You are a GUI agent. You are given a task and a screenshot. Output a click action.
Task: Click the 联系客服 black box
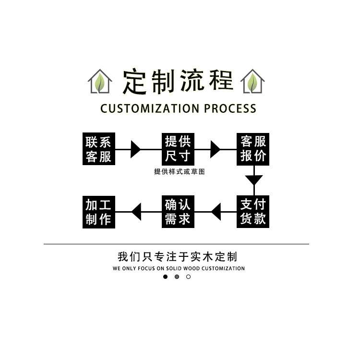click(98, 149)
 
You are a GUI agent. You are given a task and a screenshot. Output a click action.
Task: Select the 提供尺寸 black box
click(178, 149)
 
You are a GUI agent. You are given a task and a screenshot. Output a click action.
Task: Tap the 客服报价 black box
click(253, 149)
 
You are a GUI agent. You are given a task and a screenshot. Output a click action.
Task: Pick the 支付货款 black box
click(253, 211)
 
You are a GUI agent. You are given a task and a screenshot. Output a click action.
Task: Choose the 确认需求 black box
click(178, 211)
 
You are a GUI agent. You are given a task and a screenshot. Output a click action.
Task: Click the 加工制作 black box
click(98, 211)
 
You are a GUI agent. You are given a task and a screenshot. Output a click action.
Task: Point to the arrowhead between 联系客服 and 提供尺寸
click(135, 149)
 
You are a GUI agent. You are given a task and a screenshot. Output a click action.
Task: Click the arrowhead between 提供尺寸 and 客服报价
click(215, 149)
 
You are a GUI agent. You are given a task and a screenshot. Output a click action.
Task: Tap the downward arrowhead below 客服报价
click(254, 180)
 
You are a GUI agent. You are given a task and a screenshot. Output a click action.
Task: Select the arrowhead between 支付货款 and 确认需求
click(216, 211)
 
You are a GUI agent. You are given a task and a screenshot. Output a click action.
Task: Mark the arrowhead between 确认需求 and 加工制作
click(136, 211)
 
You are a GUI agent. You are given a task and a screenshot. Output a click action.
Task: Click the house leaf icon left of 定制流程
click(100, 82)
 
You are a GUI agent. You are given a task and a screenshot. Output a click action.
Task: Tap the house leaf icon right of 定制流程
click(252, 82)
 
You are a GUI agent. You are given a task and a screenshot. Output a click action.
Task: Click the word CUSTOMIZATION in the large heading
click(150, 108)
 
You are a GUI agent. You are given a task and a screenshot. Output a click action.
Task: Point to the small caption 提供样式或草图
click(179, 172)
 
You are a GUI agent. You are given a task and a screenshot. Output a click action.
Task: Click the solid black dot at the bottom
click(166, 277)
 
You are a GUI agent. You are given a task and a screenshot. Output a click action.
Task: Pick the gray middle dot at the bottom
click(177, 277)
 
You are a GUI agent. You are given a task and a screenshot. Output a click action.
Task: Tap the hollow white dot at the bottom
click(188, 277)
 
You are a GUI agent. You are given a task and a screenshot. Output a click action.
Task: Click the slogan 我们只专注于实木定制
click(177, 256)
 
